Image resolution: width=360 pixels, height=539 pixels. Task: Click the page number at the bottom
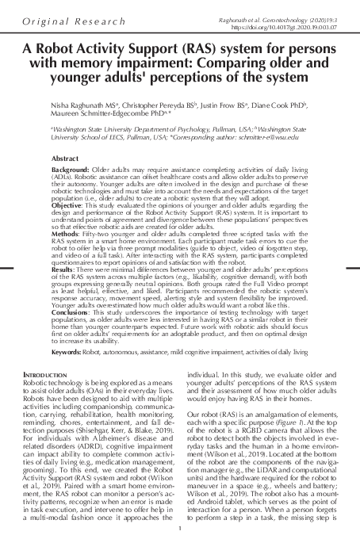click(180, 529)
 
